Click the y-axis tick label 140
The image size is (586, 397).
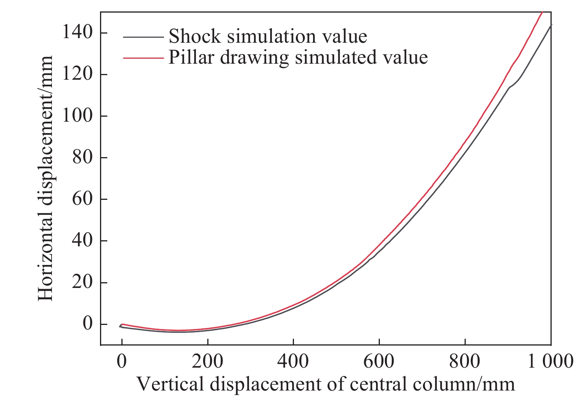tap(77, 33)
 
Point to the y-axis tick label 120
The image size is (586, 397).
tap(77, 75)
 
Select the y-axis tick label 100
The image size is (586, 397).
tap(77, 116)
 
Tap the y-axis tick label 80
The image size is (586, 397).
tap(82, 158)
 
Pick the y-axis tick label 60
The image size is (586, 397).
tap(82, 199)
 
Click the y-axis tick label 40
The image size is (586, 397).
tap(82, 241)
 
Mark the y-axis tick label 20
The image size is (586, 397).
tap(82, 283)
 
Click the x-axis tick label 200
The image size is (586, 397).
tap(207, 361)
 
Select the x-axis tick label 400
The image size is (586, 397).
tap(293, 361)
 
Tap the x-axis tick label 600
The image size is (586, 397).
tap(379, 361)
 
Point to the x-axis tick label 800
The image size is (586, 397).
tap(465, 361)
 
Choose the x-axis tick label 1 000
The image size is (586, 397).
tap(550, 361)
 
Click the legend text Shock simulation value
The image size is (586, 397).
tap(268, 37)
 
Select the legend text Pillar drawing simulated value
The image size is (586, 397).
tap(298, 57)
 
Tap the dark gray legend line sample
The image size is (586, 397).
tap(143, 37)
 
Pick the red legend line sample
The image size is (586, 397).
tap(143, 58)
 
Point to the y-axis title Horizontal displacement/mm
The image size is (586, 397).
tap(46, 178)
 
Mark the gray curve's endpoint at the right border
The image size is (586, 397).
tap(551, 25)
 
